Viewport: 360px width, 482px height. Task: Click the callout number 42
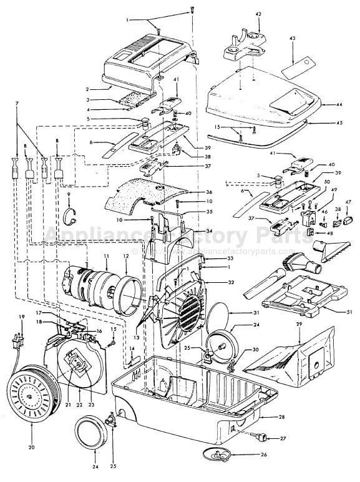(x=258, y=14)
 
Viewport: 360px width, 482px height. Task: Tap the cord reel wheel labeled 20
(x=31, y=391)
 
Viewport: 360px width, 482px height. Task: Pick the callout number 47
(x=348, y=203)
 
